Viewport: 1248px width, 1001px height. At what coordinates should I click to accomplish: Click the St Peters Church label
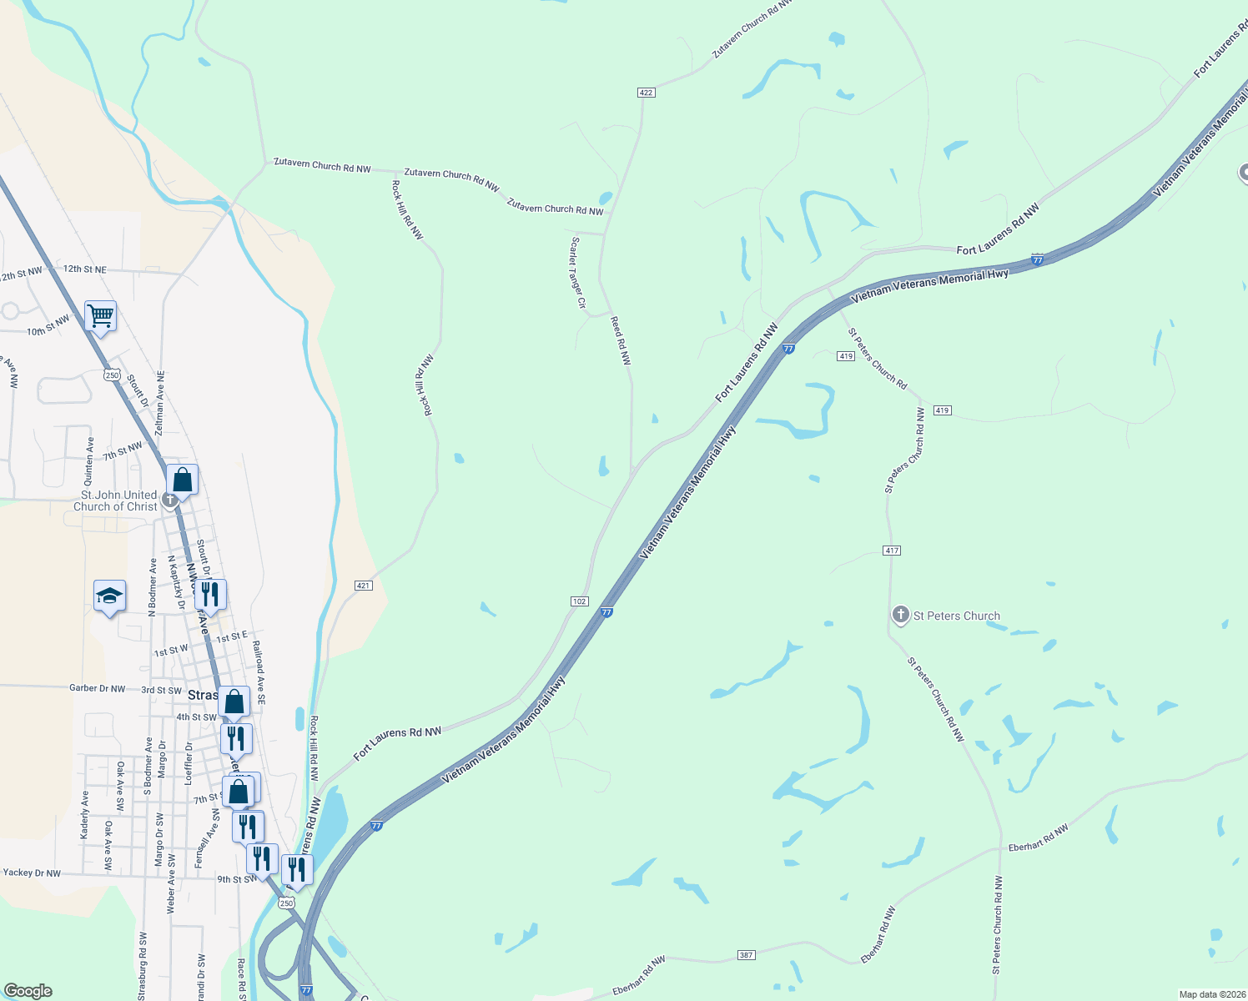(x=956, y=616)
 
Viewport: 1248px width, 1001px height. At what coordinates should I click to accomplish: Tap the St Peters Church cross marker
(x=900, y=616)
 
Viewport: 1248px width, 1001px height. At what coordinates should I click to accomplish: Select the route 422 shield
(x=646, y=92)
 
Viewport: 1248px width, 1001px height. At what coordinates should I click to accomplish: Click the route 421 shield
(x=363, y=586)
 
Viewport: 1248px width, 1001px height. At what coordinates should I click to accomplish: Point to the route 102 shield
(x=580, y=601)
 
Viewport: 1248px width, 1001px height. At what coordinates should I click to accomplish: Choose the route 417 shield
(x=892, y=551)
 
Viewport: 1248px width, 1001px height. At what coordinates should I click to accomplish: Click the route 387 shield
(x=746, y=955)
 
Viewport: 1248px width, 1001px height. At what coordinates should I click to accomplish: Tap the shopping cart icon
(x=100, y=316)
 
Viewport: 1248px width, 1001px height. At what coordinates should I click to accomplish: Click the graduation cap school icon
(x=109, y=596)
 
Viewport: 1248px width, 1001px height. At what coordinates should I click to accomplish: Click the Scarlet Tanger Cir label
(x=577, y=273)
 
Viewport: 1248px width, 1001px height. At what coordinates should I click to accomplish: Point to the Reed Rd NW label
(x=621, y=340)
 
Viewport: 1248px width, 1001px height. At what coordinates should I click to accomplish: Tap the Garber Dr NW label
(x=97, y=689)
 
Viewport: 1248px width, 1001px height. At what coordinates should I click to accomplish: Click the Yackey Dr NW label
(x=32, y=873)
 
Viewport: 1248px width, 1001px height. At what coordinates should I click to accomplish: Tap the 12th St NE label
(x=85, y=269)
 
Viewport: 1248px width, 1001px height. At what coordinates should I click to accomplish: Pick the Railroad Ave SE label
(x=259, y=673)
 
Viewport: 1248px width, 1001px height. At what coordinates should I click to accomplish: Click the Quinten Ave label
(x=89, y=461)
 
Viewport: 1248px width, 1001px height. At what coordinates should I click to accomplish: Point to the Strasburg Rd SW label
(x=143, y=966)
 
